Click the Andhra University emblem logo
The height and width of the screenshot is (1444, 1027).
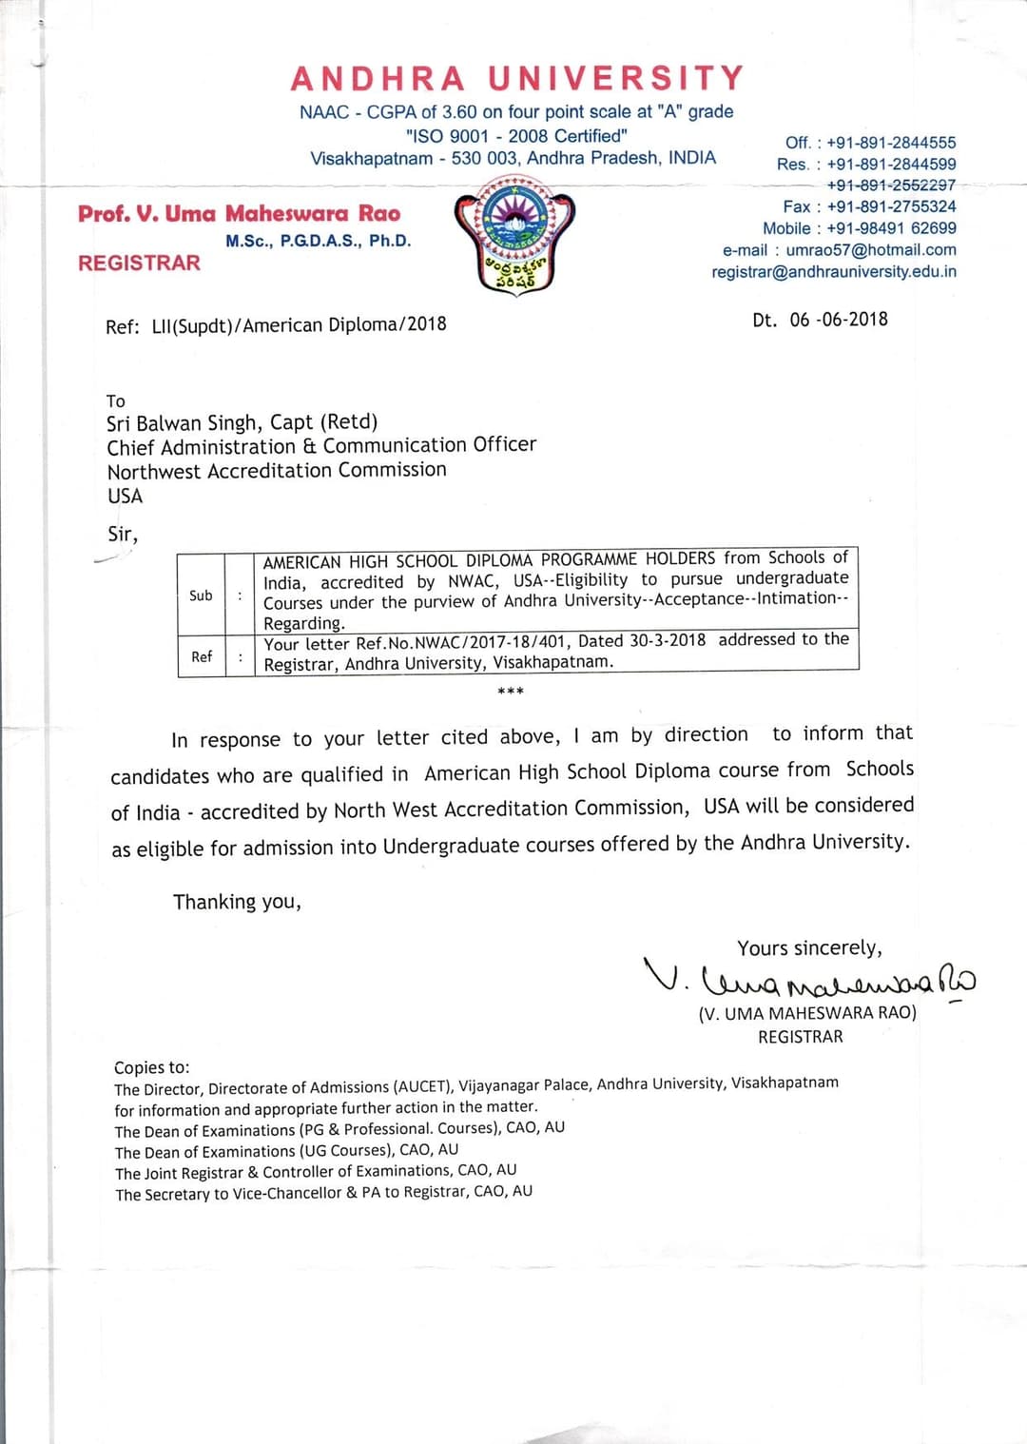coord(514,234)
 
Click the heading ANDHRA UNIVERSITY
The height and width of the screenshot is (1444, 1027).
coord(517,78)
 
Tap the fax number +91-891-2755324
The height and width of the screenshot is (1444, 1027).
coord(891,206)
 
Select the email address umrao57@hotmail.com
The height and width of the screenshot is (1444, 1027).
coord(871,250)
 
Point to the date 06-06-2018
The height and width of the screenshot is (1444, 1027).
coord(838,320)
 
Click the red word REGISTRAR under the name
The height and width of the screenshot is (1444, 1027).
coord(139,263)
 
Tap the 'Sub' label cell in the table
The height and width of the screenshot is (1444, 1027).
coord(201,595)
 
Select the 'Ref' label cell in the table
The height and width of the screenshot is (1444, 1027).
coord(202,656)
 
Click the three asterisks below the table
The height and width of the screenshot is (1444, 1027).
coord(511,691)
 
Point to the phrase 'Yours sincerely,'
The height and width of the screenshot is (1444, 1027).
coord(809,948)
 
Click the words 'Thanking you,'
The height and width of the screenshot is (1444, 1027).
coord(237,902)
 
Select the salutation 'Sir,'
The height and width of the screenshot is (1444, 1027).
coord(123,535)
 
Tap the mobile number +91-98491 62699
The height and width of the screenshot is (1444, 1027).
coord(891,228)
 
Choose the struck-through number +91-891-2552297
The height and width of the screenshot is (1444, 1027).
coord(891,185)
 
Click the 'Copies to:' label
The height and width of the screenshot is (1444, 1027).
coord(152,1067)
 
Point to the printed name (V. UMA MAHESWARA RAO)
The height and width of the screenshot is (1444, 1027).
coord(807,1013)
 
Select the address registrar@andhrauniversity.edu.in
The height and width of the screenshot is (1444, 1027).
coord(834,272)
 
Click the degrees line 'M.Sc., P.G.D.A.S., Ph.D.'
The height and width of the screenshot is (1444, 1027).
coord(319,242)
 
